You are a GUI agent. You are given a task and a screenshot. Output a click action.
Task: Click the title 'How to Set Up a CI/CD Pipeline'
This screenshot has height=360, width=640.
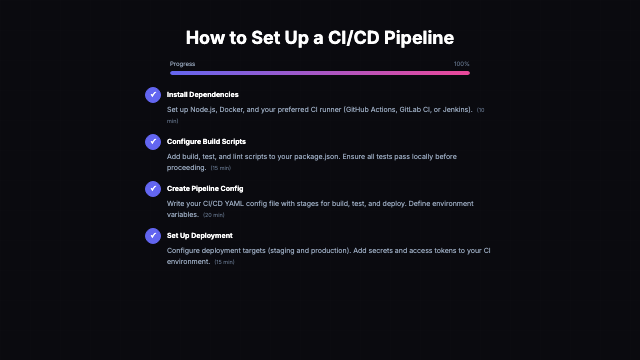320,38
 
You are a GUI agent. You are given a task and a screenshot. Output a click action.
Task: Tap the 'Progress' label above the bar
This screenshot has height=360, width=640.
182,63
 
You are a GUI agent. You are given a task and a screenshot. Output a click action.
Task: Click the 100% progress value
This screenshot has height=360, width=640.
461,63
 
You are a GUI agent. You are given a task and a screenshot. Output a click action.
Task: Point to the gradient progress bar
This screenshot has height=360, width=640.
320,73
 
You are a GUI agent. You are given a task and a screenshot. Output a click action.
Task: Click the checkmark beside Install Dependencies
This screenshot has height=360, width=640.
153,95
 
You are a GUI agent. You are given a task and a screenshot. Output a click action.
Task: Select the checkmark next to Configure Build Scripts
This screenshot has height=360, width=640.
153,142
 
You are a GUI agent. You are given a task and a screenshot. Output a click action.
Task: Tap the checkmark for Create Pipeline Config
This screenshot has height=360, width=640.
153,189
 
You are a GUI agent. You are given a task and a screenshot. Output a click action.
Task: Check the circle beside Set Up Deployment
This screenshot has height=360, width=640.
153,236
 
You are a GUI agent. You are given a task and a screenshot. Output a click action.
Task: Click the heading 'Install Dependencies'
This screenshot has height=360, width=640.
203,95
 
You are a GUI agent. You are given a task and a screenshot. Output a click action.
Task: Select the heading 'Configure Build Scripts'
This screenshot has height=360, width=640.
207,142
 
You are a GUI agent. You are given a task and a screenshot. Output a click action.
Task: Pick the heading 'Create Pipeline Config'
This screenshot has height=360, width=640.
205,188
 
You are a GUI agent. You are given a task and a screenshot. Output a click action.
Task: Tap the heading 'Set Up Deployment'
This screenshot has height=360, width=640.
200,235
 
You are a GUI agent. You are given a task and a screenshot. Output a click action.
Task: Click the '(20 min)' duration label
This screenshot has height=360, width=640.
214,215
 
